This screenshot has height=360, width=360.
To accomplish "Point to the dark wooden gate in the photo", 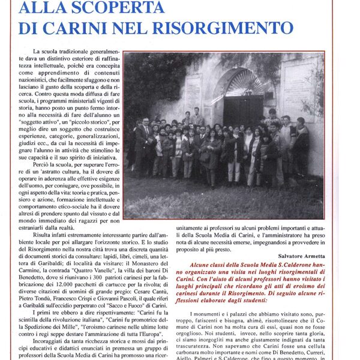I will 243,109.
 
